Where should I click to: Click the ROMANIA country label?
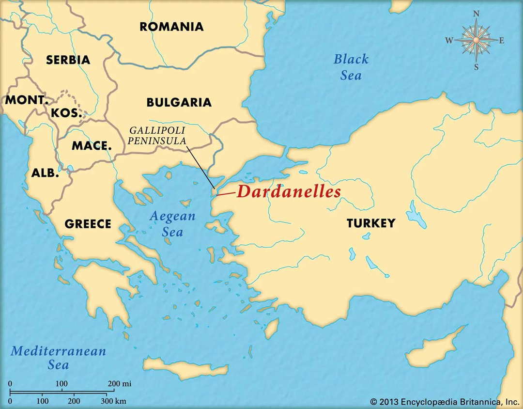pos(171,26)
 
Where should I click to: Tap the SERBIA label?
pos(68,60)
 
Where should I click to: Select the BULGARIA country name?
pos(179,102)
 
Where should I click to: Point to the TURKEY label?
pos(370,223)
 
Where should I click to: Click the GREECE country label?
pos(88,224)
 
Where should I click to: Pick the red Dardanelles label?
pos(289,192)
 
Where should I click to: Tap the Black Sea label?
pos(351,67)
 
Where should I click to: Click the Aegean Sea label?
pos(172,224)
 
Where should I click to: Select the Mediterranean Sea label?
pos(58,357)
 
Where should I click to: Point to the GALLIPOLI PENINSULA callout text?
pos(157,136)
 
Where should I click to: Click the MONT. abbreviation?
pos(27,101)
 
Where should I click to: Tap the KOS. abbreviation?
pos(66,113)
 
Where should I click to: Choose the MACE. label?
pos(92,145)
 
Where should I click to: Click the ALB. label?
pos(45,173)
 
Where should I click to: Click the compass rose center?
pos(476,40)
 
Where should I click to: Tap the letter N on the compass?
pos(476,14)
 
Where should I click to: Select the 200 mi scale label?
pos(120,384)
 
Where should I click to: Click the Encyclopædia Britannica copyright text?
pos(444,401)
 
